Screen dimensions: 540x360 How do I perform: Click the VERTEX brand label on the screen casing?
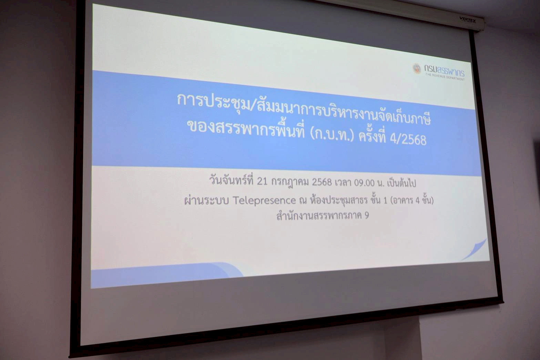click(467, 20)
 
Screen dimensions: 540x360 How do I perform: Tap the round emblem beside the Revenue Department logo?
click(417, 69)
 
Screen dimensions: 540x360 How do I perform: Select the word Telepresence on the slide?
click(264, 200)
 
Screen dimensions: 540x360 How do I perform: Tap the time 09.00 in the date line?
click(364, 183)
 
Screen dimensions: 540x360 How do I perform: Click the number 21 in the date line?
click(262, 181)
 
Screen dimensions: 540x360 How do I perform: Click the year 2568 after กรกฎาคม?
click(322, 182)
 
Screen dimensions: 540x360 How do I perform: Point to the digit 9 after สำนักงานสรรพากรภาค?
click(366, 215)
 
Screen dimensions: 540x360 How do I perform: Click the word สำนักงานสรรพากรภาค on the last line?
click(319, 215)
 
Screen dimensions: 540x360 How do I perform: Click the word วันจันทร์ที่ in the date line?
click(232, 180)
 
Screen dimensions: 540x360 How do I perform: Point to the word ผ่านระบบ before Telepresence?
click(206, 200)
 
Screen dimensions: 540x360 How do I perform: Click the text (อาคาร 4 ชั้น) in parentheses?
click(411, 200)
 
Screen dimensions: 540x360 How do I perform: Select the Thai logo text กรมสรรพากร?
click(444, 70)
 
